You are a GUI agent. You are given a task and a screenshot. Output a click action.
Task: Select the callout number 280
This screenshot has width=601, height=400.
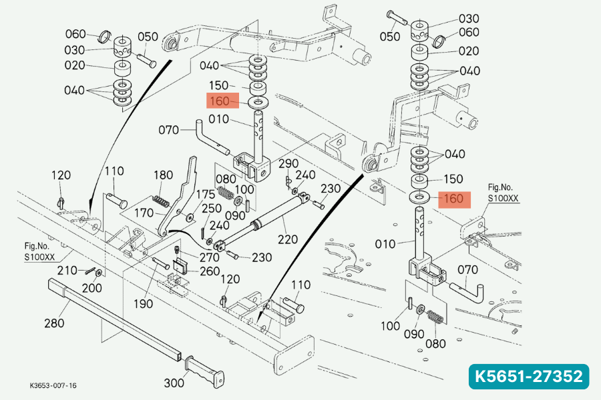54,323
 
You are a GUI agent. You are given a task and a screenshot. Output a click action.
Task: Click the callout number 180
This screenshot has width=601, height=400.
163,175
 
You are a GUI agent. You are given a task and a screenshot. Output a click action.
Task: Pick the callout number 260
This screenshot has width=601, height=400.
209,271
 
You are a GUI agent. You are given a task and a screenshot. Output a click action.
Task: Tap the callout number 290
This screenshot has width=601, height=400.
288,163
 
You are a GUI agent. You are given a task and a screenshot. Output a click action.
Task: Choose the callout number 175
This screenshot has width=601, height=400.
205,194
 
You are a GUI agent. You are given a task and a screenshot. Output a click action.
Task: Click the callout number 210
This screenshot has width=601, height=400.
67,270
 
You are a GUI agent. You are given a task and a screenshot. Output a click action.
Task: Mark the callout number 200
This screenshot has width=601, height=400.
92,287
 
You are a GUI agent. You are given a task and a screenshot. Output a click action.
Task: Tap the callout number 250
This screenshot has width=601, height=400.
212,209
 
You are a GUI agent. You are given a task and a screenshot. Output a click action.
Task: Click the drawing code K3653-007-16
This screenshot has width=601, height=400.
53,385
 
